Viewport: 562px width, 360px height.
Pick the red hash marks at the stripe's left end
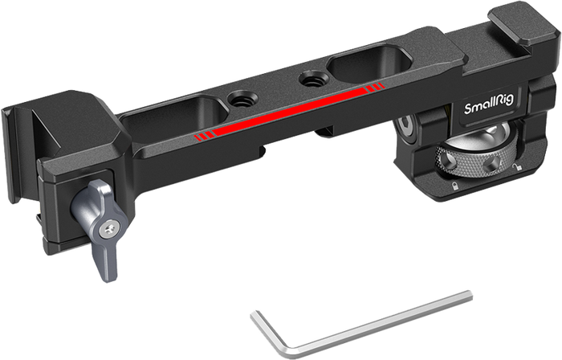205,136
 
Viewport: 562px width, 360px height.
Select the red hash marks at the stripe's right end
375,88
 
